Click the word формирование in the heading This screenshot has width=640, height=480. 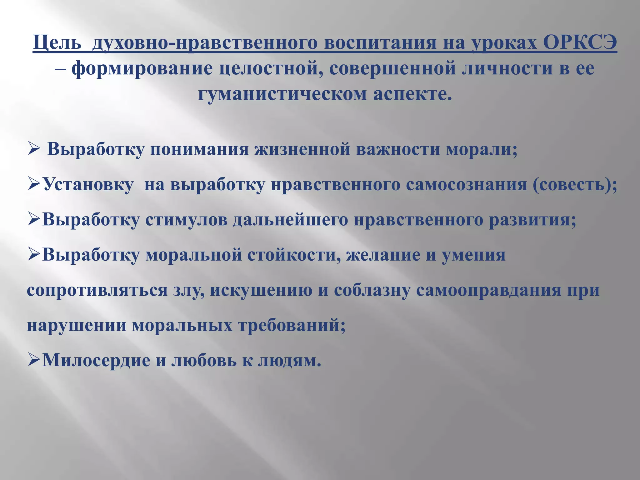142,69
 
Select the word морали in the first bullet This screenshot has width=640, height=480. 482,149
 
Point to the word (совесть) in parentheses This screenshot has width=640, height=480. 575,184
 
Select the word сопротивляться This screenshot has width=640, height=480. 97,290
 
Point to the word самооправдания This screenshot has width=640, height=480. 489,290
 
